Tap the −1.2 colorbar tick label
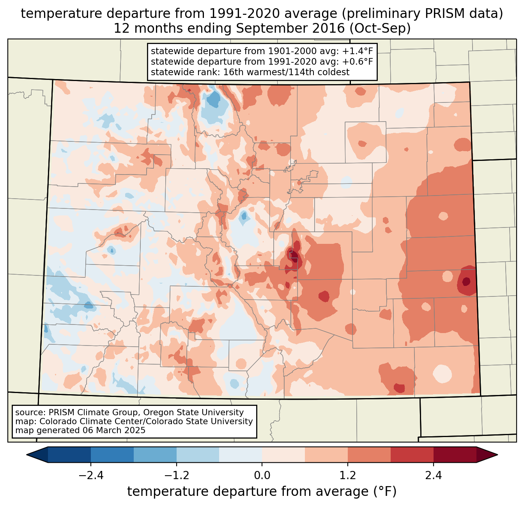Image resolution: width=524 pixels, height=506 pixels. (176, 476)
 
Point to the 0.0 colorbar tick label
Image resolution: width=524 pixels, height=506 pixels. (262, 476)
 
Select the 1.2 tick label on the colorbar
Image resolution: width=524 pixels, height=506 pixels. (348, 476)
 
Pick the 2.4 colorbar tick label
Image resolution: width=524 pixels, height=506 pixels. (434, 476)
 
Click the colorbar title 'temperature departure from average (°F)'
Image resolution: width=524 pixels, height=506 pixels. (262, 492)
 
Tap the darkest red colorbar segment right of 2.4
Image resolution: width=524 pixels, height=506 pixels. (455, 455)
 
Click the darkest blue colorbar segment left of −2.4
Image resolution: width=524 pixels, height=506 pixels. (69, 455)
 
